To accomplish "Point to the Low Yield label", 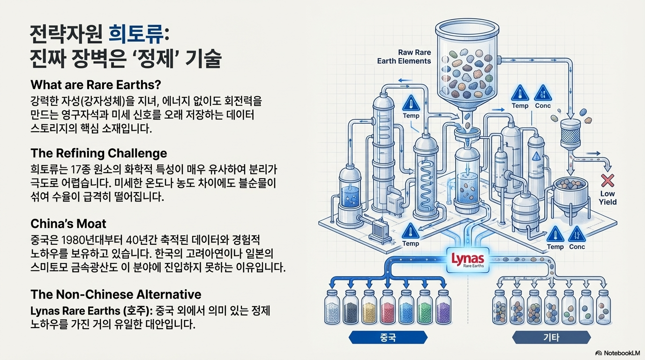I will click(607, 198).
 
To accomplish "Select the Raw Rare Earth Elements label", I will click(404, 57).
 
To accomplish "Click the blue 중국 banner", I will click(388, 337).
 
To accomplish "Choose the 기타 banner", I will click(551, 337).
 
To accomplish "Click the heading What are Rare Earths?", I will click(96, 85).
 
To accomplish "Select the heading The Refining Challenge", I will click(98, 153).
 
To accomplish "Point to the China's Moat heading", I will click(68, 223).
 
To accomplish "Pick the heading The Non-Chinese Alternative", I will click(116, 294).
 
